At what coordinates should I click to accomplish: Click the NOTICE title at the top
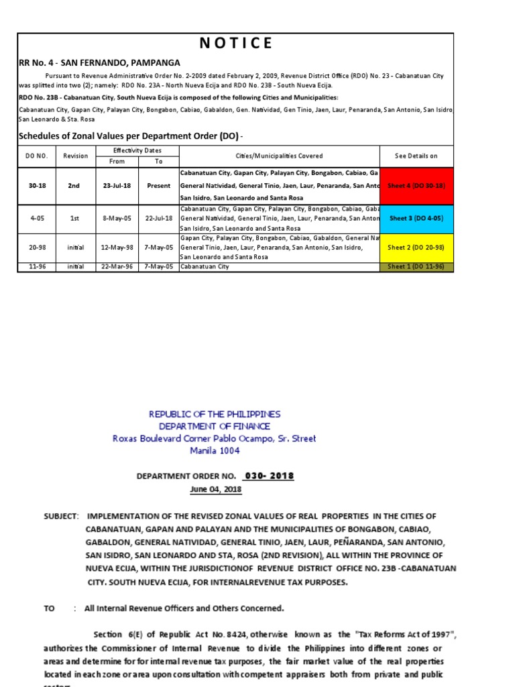[x=236, y=44]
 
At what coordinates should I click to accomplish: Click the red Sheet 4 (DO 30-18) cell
[x=416, y=185]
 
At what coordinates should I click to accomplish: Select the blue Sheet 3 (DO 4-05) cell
[x=416, y=218]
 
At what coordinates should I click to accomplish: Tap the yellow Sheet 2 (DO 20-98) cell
[x=416, y=247]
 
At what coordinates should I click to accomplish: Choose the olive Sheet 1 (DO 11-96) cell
[x=416, y=266]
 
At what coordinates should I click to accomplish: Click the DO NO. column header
[x=38, y=156]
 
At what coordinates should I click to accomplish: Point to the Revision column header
[x=75, y=156]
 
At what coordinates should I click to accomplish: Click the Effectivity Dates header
[x=137, y=150]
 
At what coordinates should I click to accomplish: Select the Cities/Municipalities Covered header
[x=279, y=156]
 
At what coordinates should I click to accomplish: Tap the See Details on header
[x=416, y=156]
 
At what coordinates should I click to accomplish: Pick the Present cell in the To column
[x=159, y=185]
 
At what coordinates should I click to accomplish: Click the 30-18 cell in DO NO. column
[x=38, y=185]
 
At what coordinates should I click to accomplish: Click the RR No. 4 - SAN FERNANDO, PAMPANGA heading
[x=99, y=62]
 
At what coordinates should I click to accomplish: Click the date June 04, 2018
[x=215, y=489]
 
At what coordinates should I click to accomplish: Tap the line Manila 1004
[x=215, y=450]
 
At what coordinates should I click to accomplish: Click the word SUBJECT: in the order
[x=61, y=516]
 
